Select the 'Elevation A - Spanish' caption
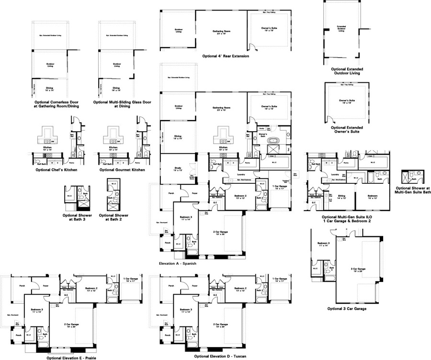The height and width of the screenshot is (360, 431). [178, 263]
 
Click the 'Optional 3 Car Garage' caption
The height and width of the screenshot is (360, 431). [347, 309]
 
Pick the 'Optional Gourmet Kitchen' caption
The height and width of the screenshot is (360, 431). [122, 169]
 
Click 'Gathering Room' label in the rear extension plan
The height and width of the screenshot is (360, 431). [221, 31]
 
